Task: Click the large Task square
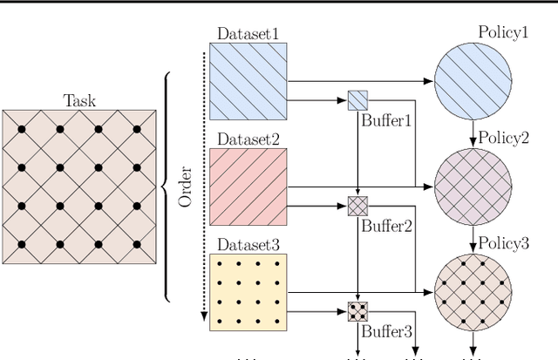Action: [x=79, y=187]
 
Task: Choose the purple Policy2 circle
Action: [x=472, y=187]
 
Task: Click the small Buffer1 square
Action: [x=358, y=100]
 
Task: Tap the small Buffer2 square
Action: [x=358, y=207]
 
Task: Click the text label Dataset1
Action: [x=249, y=34]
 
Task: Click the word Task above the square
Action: [x=79, y=100]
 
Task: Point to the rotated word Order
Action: [x=185, y=187]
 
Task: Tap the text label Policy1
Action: [x=503, y=32]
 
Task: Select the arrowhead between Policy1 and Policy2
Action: [x=472, y=140]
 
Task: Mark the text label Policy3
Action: [x=503, y=244]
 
